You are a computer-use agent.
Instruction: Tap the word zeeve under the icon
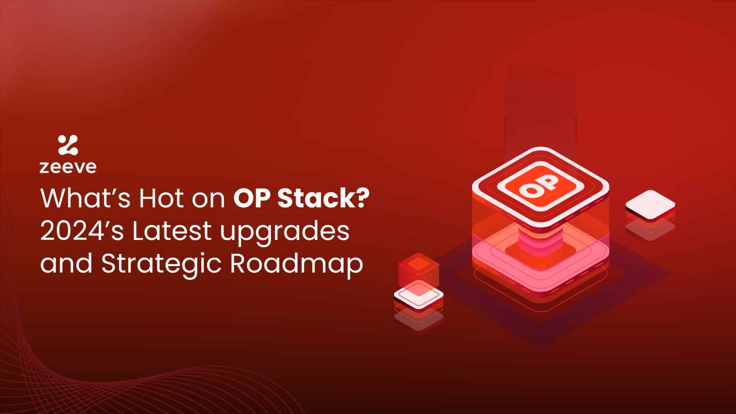[x=68, y=168]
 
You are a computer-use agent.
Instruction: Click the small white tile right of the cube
[x=650, y=205]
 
